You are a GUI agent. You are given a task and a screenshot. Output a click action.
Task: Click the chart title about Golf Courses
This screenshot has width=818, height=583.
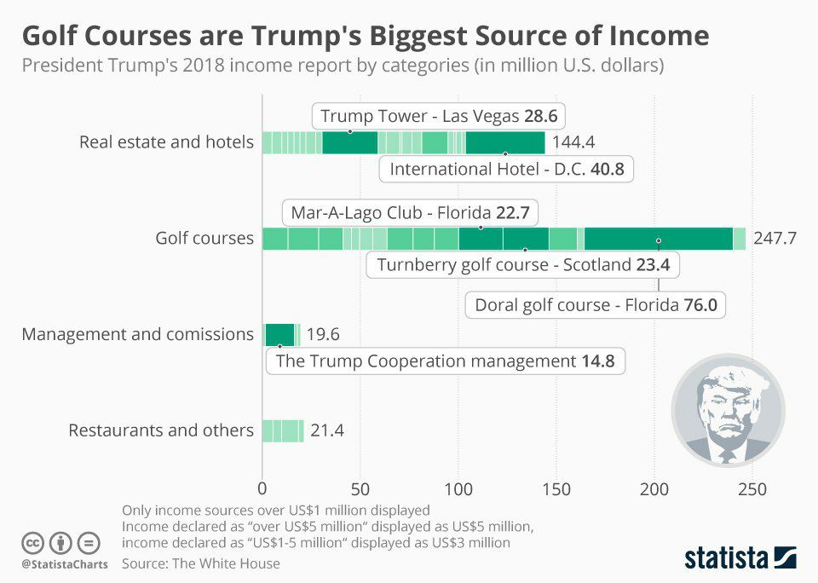tap(365, 36)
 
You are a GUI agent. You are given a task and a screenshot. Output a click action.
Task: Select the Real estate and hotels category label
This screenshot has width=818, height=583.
tap(166, 141)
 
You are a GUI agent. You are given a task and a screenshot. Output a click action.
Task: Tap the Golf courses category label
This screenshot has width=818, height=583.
tap(204, 238)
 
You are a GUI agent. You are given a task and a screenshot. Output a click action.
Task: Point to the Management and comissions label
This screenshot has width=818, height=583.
tap(138, 334)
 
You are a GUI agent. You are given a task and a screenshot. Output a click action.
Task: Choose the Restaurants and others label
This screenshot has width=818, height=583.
tap(161, 430)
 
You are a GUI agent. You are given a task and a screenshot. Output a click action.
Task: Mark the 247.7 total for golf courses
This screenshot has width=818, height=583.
tap(775, 238)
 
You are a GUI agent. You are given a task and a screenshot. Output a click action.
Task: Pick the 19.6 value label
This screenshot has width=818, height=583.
tap(322, 334)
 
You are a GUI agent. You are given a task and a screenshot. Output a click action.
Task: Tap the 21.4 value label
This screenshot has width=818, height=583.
tap(327, 430)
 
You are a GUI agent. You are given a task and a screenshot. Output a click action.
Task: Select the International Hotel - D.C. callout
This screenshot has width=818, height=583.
tap(506, 169)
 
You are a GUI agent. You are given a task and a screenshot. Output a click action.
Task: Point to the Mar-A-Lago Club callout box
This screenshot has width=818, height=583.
tap(410, 212)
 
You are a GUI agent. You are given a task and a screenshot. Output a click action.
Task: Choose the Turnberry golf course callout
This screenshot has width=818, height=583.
tap(523, 265)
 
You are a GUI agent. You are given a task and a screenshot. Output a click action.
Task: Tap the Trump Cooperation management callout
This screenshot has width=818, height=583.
tap(446, 361)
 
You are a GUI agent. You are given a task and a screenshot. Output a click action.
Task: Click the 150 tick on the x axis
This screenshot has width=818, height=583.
tap(556, 490)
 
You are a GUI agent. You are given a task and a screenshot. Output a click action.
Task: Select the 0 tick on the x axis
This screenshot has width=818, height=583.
tap(262, 490)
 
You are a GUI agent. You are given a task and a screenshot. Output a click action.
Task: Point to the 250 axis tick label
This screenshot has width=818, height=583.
tap(752, 490)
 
